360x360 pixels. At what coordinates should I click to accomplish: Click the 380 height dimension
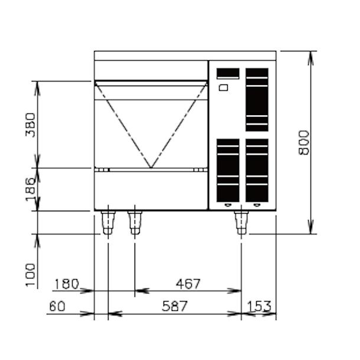point(31,125)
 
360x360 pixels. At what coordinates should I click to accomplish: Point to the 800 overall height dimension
point(304,142)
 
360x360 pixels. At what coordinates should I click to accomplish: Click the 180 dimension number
point(66,284)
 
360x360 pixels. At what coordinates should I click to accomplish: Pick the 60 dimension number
point(57,306)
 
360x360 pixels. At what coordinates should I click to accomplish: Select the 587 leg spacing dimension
point(175,306)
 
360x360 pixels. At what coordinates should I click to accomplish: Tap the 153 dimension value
point(259,306)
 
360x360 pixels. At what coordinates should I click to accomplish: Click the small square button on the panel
point(223,88)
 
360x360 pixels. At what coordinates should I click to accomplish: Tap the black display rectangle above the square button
point(228,73)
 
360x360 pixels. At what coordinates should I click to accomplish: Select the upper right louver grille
point(257,99)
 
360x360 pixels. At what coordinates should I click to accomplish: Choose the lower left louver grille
point(228,170)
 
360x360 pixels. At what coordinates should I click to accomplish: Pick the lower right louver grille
point(257,170)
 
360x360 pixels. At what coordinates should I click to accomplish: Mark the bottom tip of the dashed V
point(151,168)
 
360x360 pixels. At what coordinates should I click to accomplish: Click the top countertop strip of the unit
point(185,55)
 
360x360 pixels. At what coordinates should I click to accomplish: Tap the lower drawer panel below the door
point(151,190)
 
